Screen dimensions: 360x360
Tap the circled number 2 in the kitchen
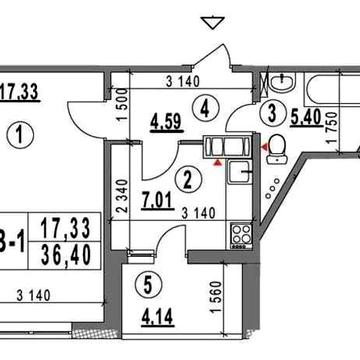(x=185, y=180)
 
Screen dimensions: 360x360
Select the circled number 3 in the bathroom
(x=270, y=113)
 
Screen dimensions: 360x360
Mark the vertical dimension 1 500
(x=119, y=105)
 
